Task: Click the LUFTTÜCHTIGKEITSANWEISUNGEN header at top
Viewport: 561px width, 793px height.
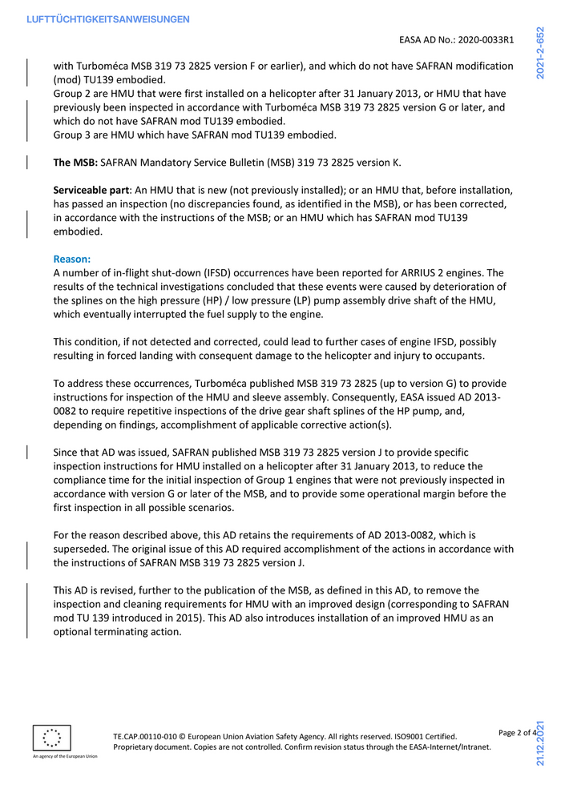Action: tap(108, 18)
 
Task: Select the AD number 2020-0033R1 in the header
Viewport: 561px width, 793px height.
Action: tap(480, 39)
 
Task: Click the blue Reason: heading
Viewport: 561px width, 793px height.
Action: tap(71, 260)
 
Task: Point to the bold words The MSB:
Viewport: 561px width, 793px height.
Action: tap(75, 163)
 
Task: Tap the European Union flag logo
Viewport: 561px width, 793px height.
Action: tap(52, 738)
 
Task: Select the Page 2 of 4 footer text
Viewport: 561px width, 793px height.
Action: tap(516, 732)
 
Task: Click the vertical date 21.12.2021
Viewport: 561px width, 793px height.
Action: tap(543, 752)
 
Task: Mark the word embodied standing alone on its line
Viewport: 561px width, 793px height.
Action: tap(78, 232)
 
